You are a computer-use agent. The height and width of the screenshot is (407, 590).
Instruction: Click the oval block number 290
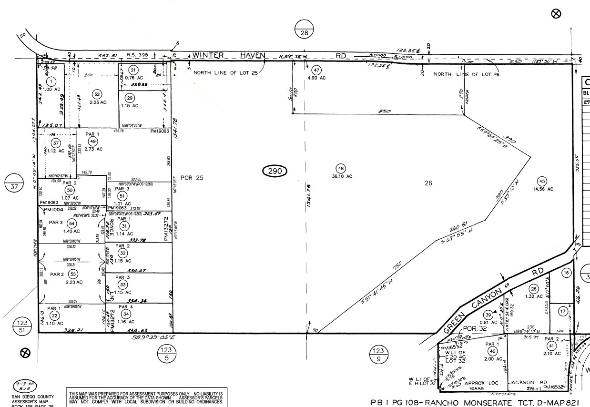click(275, 170)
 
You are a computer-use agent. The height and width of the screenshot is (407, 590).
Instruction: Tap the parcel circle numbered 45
click(542, 181)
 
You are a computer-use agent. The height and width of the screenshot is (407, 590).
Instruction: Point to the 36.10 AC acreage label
click(342, 176)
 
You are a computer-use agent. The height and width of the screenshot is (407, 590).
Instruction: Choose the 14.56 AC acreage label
click(544, 189)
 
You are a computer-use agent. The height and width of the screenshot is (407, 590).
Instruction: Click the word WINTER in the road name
click(208, 55)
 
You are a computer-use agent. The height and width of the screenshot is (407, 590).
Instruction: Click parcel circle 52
click(97, 94)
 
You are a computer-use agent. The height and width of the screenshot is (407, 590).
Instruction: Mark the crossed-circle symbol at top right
click(556, 14)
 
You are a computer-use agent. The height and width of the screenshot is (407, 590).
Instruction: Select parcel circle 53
click(73, 274)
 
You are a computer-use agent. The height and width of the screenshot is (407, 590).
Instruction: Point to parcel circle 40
click(491, 351)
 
